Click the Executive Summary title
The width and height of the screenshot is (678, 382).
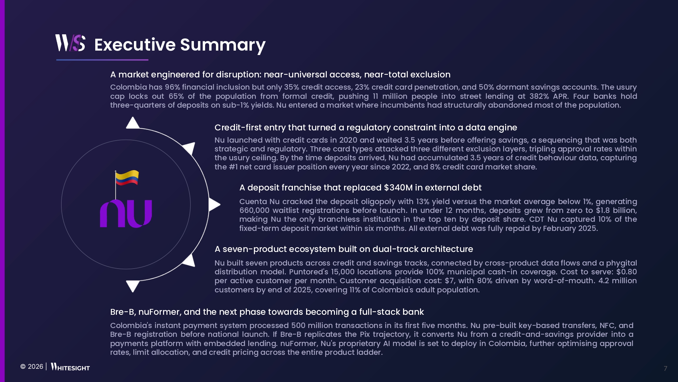(x=180, y=45)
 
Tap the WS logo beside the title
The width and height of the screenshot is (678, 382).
(x=70, y=43)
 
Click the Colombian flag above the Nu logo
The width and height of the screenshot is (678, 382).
(x=126, y=178)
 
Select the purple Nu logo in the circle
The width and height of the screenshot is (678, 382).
(x=126, y=213)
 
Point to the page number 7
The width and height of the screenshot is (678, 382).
(x=665, y=368)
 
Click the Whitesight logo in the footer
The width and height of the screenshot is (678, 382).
(x=70, y=367)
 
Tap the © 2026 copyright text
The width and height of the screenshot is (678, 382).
(x=32, y=367)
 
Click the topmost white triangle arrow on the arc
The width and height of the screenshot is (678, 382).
(x=133, y=123)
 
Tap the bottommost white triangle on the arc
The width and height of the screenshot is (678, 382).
(x=133, y=286)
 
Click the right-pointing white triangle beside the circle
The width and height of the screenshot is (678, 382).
(x=214, y=204)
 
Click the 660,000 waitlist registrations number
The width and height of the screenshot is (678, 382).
(x=254, y=211)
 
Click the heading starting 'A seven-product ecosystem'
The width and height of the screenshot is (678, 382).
(x=344, y=249)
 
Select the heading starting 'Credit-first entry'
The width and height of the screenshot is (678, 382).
(x=366, y=128)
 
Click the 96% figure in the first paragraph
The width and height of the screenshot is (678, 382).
(x=172, y=87)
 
